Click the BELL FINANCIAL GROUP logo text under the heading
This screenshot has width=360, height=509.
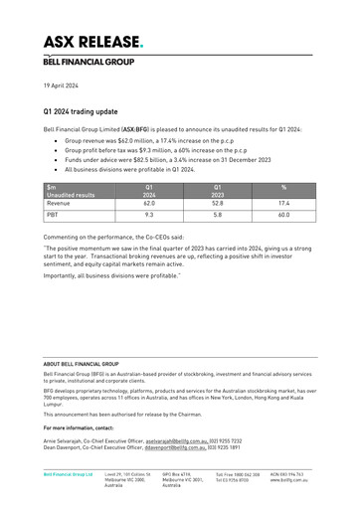coord(85,61)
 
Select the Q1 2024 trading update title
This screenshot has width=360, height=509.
coord(85,114)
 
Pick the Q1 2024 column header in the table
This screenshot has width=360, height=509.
coord(149,192)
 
